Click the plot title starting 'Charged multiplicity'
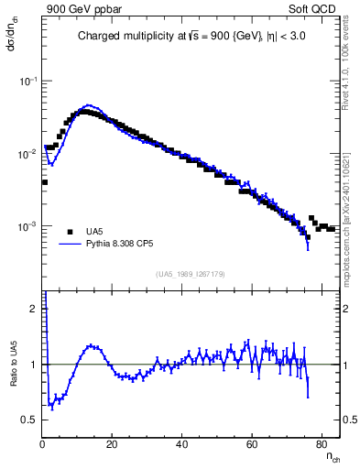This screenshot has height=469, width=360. [x=191, y=38]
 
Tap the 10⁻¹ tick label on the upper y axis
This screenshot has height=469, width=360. [x=28, y=82]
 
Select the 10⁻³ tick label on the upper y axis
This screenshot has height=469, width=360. [x=28, y=226]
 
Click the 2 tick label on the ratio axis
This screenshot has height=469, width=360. [x=35, y=309]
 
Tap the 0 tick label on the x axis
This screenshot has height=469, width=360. [x=42, y=444]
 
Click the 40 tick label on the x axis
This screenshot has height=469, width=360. [x=181, y=444]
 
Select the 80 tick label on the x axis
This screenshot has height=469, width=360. [x=321, y=444]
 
